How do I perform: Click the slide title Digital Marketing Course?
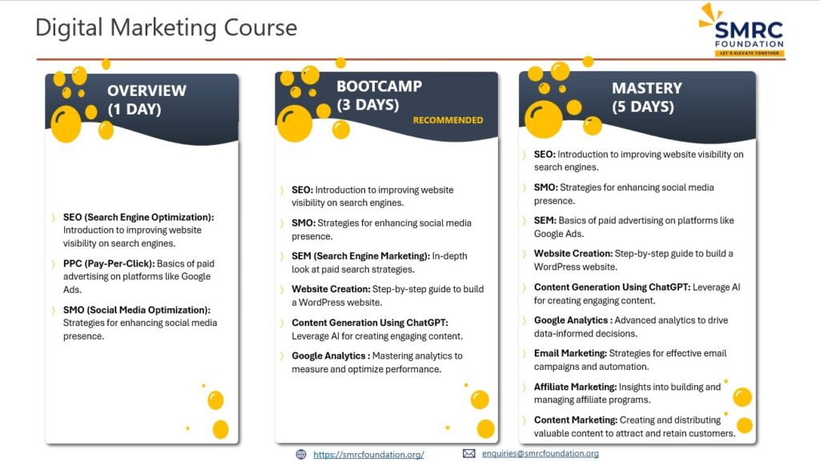[166, 28]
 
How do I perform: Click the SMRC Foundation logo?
[742, 30]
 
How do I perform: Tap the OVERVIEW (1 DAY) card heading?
[147, 100]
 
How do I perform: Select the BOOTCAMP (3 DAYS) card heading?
[379, 95]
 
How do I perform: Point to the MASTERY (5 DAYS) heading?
[647, 97]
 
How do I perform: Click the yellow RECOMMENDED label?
[448, 120]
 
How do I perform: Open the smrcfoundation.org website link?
[368, 455]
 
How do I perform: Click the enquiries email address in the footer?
[541, 454]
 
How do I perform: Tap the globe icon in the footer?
[301, 454]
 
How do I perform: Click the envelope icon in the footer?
[469, 453]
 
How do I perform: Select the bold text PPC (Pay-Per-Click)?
[109, 263]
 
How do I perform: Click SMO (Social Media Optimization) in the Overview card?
[136, 310]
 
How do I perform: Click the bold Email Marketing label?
[570, 353]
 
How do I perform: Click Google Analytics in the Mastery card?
[573, 320]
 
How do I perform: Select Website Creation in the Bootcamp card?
[331, 289]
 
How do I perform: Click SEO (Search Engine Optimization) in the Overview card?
[139, 218]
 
